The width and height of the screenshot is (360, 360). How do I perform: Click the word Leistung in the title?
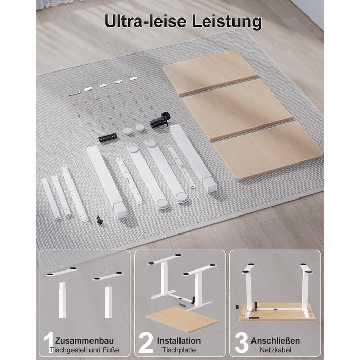click(x=227, y=22)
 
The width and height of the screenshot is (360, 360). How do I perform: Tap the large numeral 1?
click(x=48, y=343)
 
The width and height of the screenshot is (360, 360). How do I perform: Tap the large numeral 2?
click(x=146, y=343)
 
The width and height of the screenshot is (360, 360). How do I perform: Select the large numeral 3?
click(x=241, y=343)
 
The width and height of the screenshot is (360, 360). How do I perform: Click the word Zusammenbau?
click(x=84, y=340)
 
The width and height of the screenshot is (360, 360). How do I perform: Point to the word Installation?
click(x=179, y=340)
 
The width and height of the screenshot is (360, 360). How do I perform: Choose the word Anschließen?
click(x=275, y=340)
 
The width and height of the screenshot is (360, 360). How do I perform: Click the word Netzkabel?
click(x=276, y=350)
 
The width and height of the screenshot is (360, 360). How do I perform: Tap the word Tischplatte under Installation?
click(x=179, y=350)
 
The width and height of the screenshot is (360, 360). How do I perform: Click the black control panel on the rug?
click(x=107, y=137)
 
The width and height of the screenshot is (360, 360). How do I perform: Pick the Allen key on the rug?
click(x=74, y=92)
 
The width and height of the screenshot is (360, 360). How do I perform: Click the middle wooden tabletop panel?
click(x=237, y=110)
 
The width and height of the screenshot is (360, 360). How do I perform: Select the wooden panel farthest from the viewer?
click(x=209, y=73)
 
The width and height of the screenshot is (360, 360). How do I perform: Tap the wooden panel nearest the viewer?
click(x=268, y=151)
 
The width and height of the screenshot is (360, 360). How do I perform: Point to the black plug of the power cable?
click(x=100, y=221)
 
